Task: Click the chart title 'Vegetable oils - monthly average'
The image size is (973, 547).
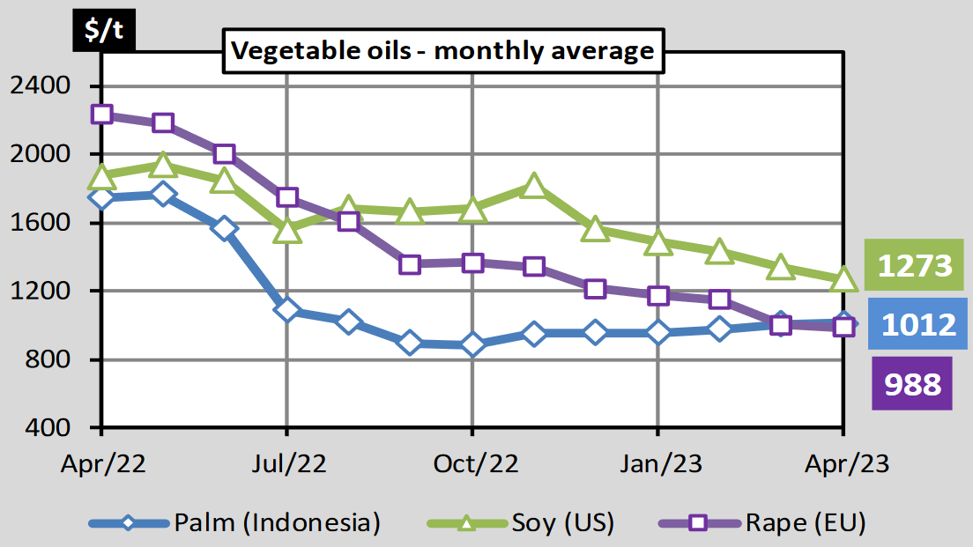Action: coord(442,51)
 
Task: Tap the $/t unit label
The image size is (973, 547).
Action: coord(104,29)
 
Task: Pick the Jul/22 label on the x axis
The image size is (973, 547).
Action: coord(287,464)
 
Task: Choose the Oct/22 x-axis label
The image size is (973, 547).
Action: coord(472,464)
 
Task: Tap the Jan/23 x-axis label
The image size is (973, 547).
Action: coord(658,464)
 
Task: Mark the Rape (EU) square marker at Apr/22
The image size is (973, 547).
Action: coord(101,115)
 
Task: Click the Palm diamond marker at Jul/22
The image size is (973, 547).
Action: coord(287,310)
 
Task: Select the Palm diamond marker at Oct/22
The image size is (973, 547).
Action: coord(472,344)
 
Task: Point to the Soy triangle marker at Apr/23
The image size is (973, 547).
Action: coord(843,279)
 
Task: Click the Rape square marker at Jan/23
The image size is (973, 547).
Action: coord(658,295)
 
